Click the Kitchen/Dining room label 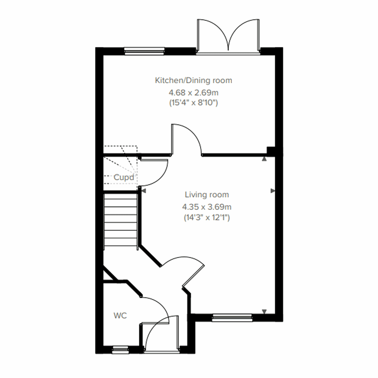coord(193,80)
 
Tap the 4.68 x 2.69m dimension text coord(193,93)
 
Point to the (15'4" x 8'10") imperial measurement coord(193,103)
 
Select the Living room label coord(207,195)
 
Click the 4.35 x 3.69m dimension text coord(207,207)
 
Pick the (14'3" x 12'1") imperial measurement coord(207,217)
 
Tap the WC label coord(120,315)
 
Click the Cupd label coord(124,177)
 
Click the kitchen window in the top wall coord(145,51)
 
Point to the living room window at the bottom coord(232,318)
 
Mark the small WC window coord(121,350)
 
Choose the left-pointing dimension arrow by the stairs coord(143,191)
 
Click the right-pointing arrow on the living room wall coord(272,191)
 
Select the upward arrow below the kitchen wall coord(264,159)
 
